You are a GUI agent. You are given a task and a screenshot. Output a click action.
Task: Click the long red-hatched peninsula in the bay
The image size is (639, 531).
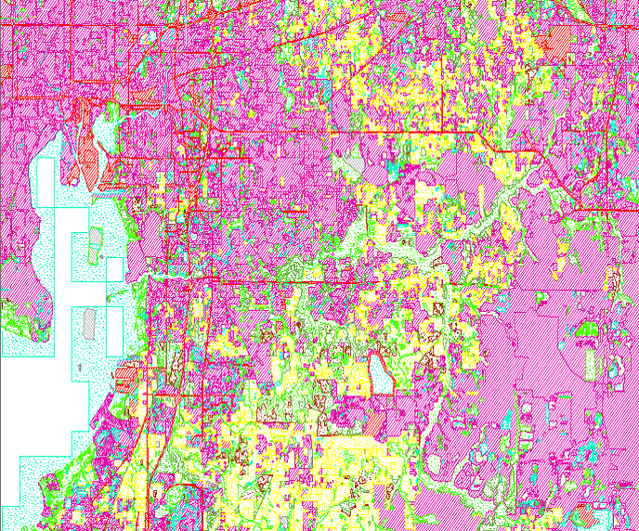click(87, 139)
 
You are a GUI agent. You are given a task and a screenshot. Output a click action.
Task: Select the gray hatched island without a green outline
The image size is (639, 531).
click(89, 324)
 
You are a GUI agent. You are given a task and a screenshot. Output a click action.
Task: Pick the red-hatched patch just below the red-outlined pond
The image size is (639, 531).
click(375, 421)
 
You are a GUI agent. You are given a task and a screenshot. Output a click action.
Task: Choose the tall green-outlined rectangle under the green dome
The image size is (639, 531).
click(590, 362)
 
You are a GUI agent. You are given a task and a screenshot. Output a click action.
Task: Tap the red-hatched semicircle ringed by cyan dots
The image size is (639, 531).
click(586, 514)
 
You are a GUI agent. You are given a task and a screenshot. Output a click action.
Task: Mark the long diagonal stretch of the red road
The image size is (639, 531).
click(557, 176)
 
